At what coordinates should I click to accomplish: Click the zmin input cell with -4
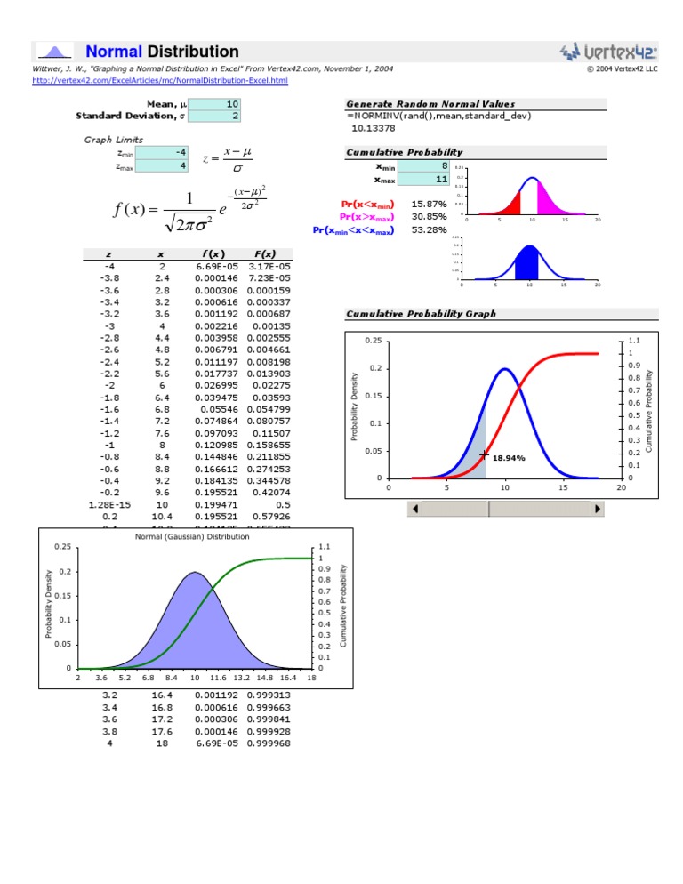[160, 152]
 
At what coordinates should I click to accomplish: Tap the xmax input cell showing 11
[422, 179]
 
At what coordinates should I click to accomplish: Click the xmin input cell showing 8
[422, 165]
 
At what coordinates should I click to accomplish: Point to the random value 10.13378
[369, 127]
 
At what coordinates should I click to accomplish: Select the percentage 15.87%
[429, 204]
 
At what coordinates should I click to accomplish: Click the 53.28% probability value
[429, 229]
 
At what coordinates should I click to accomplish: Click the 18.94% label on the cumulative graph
[509, 458]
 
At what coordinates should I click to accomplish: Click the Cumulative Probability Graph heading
[421, 314]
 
